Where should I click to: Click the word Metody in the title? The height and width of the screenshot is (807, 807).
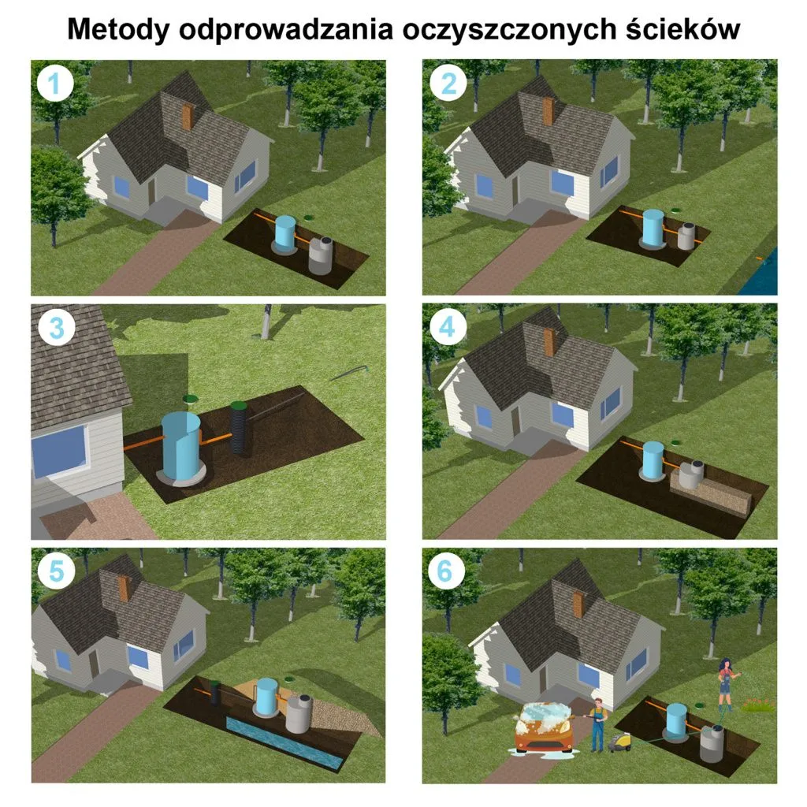tap(118, 29)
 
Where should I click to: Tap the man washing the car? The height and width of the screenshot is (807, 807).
tap(597, 722)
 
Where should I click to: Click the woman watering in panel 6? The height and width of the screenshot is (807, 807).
tap(724, 684)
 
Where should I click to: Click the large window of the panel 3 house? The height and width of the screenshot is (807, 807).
tap(59, 452)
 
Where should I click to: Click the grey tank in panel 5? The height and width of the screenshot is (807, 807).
tap(299, 714)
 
